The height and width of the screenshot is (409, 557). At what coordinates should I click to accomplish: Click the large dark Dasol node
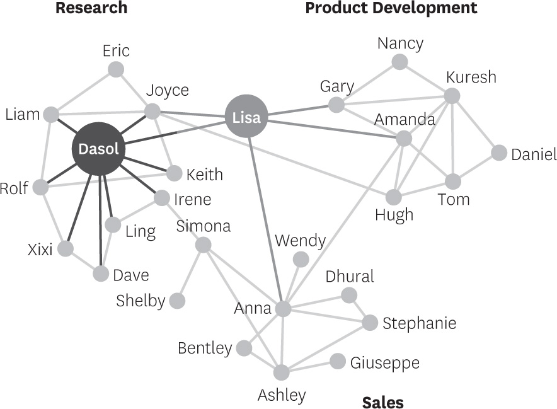99,149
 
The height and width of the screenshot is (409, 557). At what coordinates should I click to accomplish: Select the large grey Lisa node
246,116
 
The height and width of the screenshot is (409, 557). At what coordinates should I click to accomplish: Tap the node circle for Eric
116,69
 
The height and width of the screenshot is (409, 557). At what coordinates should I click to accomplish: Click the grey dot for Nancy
399,62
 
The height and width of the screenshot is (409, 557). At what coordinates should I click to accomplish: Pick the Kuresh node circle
452,96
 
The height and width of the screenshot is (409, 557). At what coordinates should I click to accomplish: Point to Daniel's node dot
498,153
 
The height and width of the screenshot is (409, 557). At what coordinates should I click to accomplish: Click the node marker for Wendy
301,259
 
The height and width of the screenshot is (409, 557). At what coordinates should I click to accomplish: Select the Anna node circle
283,309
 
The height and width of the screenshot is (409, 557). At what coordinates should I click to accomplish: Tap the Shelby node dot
177,301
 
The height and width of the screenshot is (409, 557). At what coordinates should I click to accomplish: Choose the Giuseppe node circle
338,361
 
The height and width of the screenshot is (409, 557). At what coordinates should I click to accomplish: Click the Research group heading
91,8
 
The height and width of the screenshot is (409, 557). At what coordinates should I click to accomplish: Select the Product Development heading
391,8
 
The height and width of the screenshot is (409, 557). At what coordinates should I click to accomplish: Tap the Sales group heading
382,401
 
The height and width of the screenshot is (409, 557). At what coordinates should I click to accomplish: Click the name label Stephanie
419,323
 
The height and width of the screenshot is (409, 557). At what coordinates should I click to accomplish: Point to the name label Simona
204,226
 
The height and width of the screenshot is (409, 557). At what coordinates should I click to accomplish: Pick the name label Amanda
405,119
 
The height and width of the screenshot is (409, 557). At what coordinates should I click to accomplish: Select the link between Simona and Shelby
190,272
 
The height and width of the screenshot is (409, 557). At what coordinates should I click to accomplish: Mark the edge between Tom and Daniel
476,167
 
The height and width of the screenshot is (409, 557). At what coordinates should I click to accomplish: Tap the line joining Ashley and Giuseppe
309,367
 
